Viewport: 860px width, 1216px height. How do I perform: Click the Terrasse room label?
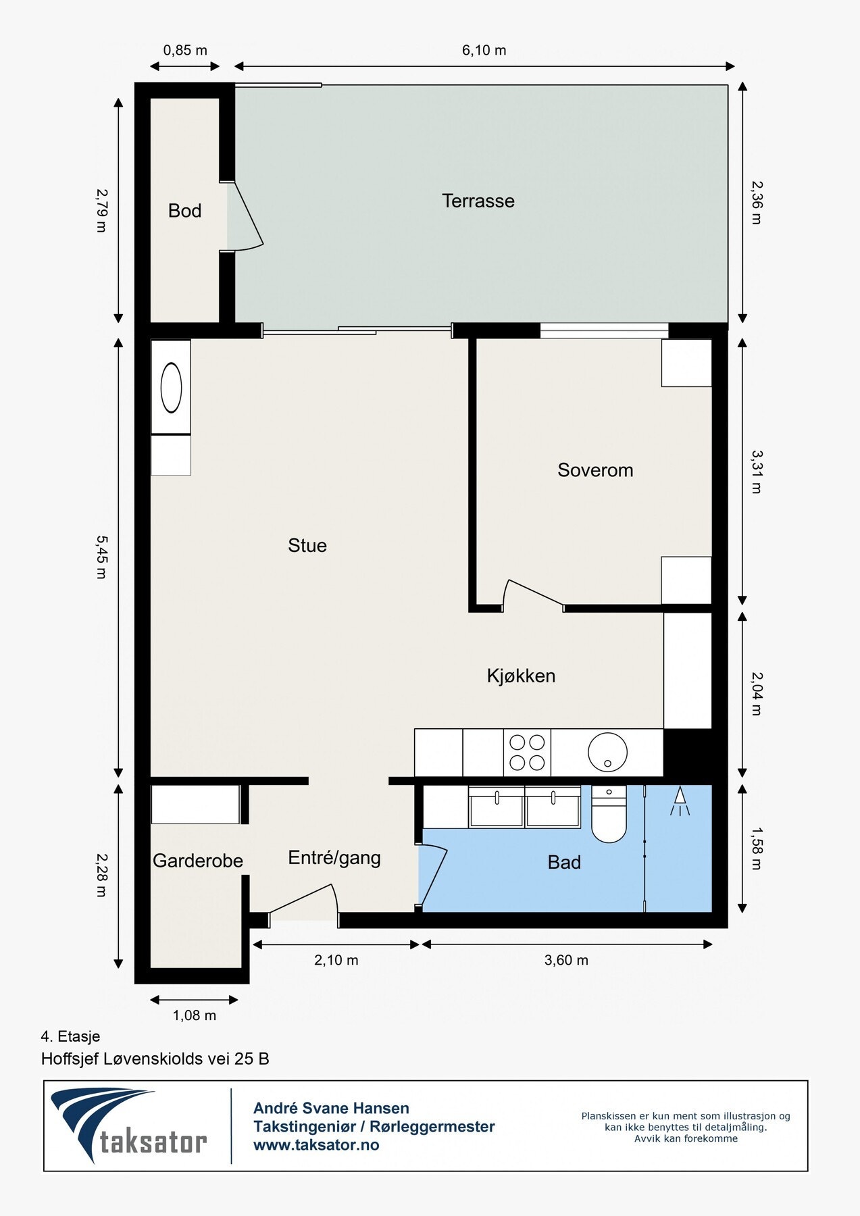(x=478, y=201)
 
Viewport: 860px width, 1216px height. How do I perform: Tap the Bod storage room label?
(x=184, y=211)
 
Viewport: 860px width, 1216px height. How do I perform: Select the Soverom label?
(x=595, y=470)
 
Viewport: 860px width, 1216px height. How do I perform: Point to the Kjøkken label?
(x=521, y=676)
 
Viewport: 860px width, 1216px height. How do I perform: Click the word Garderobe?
(x=198, y=861)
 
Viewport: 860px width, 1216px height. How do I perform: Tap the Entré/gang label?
(x=334, y=858)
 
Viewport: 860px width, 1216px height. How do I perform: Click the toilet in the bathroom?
(x=609, y=814)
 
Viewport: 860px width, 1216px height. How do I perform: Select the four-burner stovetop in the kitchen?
(x=527, y=753)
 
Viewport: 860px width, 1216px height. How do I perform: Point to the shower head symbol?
(x=680, y=801)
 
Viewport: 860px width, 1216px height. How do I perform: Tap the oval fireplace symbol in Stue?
(x=171, y=388)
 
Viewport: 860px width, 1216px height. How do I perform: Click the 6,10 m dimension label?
(x=484, y=51)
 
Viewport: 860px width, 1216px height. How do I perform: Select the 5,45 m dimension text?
(x=101, y=557)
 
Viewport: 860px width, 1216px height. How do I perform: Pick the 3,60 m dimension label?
(x=566, y=960)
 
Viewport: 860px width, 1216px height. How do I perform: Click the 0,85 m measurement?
(x=185, y=51)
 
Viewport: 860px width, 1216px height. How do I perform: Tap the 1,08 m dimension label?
(x=195, y=1015)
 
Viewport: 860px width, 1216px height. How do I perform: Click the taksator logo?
(x=129, y=1126)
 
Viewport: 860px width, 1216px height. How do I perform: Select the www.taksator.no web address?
(x=316, y=1145)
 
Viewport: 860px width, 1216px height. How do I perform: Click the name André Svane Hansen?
(x=331, y=1108)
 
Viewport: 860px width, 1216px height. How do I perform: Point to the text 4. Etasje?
(x=70, y=1036)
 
